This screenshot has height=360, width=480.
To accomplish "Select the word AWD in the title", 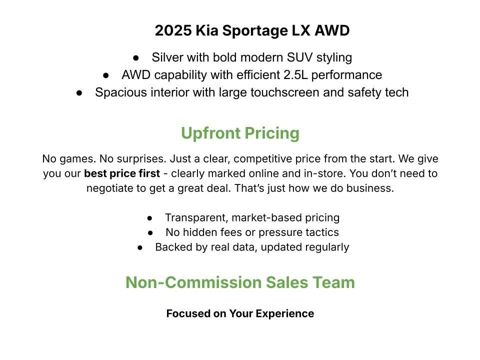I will [x=332, y=31].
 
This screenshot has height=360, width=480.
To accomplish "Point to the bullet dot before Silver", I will [x=136, y=58].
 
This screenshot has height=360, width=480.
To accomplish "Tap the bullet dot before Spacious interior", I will [x=79, y=93].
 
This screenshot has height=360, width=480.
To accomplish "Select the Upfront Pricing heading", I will [x=240, y=133].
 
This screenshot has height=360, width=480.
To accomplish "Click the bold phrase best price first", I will [x=122, y=174].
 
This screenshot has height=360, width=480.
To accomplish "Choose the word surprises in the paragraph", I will [x=141, y=159].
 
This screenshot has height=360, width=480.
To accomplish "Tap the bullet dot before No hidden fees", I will [x=151, y=233].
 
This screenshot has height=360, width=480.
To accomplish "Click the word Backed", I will [x=171, y=247].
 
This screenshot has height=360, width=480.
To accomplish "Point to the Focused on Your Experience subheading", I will [x=240, y=313].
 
